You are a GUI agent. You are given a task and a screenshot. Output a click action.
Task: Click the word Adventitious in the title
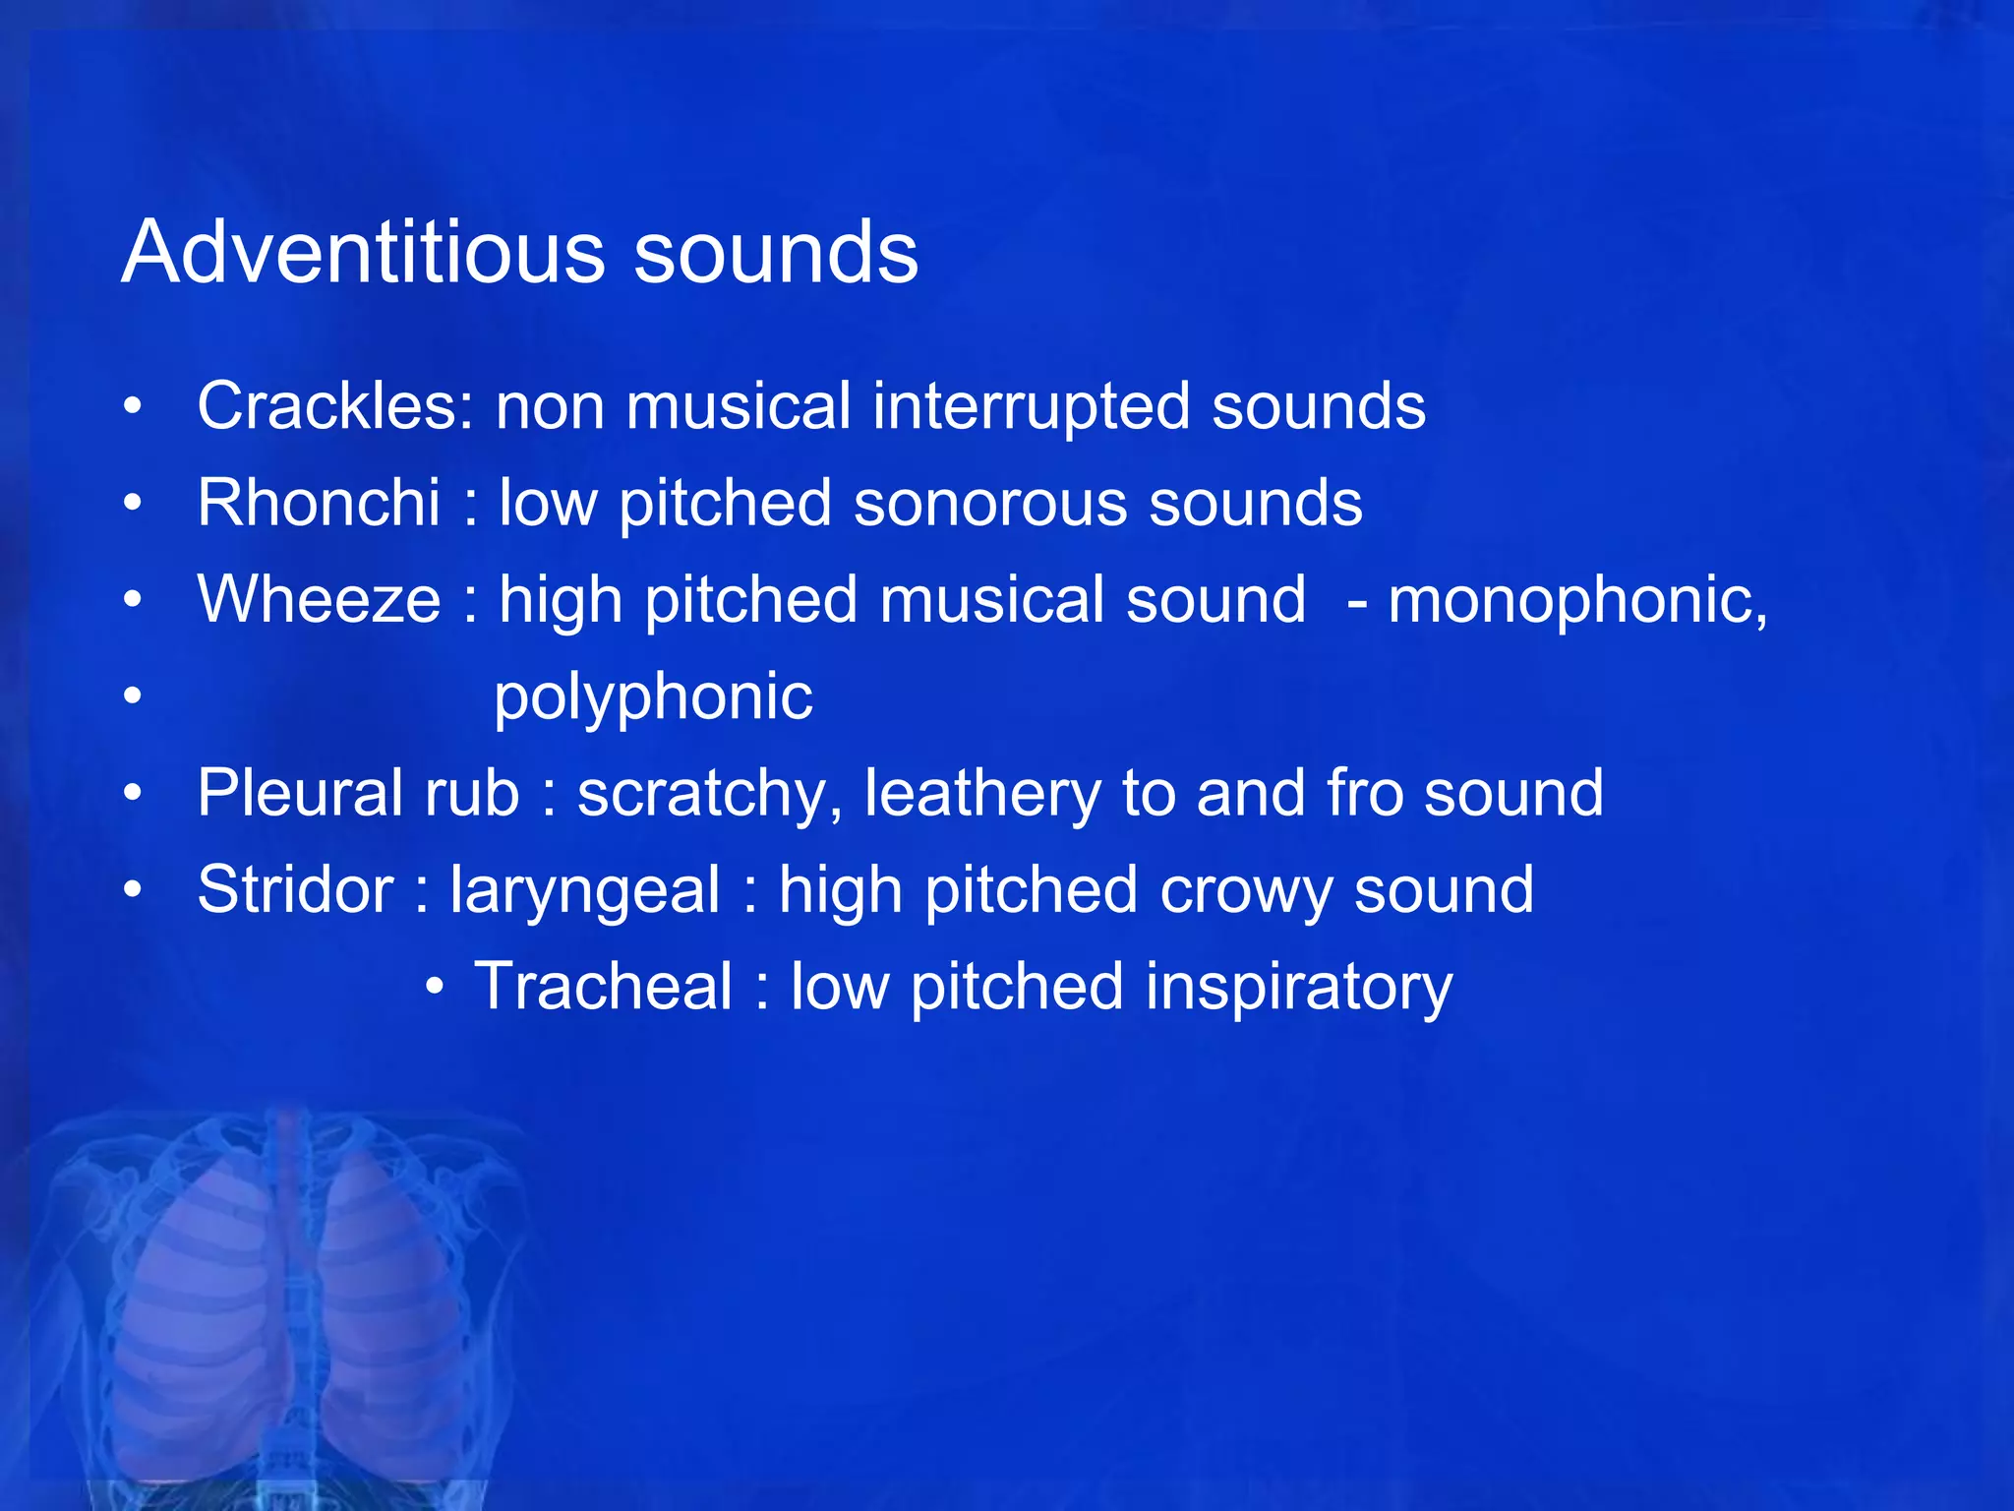point(362,253)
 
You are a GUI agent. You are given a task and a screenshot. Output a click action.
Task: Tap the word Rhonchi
point(318,503)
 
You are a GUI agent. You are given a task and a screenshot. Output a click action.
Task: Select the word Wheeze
point(319,599)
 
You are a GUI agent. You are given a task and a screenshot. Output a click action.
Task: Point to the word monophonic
point(1576,599)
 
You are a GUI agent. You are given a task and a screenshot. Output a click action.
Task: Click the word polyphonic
point(653,696)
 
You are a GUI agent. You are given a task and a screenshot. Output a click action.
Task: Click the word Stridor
point(295,889)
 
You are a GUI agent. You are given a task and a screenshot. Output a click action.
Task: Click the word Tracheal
point(603,986)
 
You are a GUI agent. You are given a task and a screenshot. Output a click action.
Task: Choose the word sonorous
point(989,503)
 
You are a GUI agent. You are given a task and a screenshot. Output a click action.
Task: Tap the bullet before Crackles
point(134,406)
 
